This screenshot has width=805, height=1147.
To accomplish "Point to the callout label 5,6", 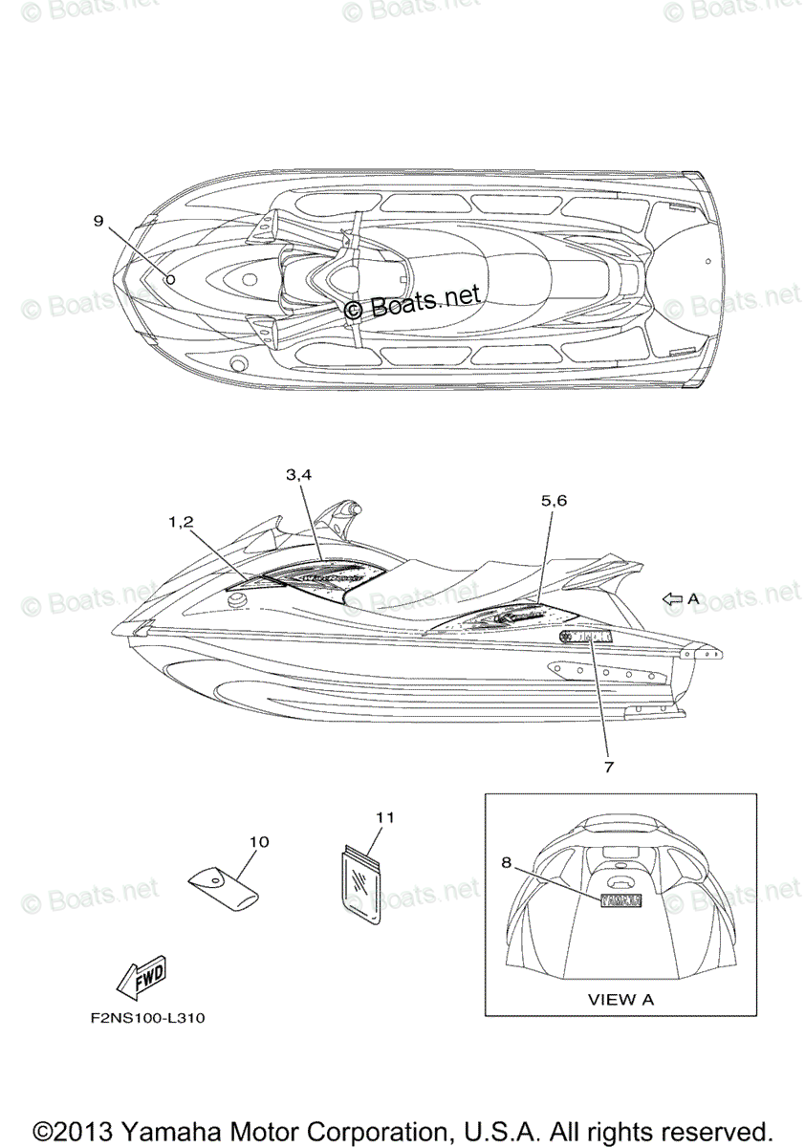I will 555,500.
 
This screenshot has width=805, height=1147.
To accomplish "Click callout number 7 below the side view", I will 608,766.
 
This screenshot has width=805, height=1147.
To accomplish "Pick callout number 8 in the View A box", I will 506,861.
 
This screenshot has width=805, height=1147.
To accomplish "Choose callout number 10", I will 259,841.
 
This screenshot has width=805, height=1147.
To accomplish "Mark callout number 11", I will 384,816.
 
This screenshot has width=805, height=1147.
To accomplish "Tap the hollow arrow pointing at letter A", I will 673,598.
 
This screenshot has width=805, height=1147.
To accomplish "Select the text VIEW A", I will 620,999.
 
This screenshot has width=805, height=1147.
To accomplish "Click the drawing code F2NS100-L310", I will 142,1018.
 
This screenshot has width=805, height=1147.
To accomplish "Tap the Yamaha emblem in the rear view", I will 620,900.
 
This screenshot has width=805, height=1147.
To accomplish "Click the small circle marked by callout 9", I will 170,279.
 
